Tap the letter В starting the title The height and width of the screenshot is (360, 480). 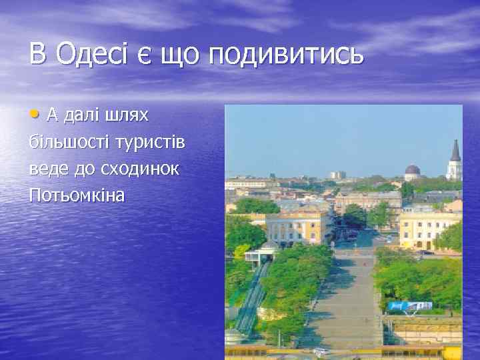point(37,54)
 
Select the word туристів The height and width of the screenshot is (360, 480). point(152,143)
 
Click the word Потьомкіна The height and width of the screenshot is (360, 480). point(77,196)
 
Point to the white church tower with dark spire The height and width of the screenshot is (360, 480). point(455,160)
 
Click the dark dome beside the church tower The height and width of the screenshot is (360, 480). point(413,171)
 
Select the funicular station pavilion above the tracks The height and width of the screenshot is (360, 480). point(260,254)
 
